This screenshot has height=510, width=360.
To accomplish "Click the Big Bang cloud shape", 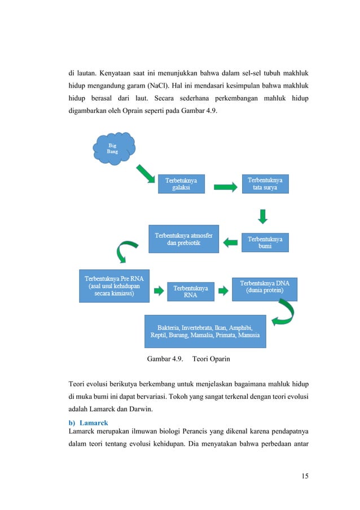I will (113, 148).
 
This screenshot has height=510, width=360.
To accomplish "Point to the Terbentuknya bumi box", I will (265, 242).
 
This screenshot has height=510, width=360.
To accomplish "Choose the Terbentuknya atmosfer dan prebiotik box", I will (183, 238).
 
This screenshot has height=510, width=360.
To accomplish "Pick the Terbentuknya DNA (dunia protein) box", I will (265, 287).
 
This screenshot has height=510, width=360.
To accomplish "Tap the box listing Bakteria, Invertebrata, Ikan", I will (205, 331).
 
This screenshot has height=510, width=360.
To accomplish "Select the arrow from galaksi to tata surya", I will (225, 186).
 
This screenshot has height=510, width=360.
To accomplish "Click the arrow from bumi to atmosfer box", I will (231, 242).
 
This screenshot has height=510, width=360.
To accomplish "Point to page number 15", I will (305, 476).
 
